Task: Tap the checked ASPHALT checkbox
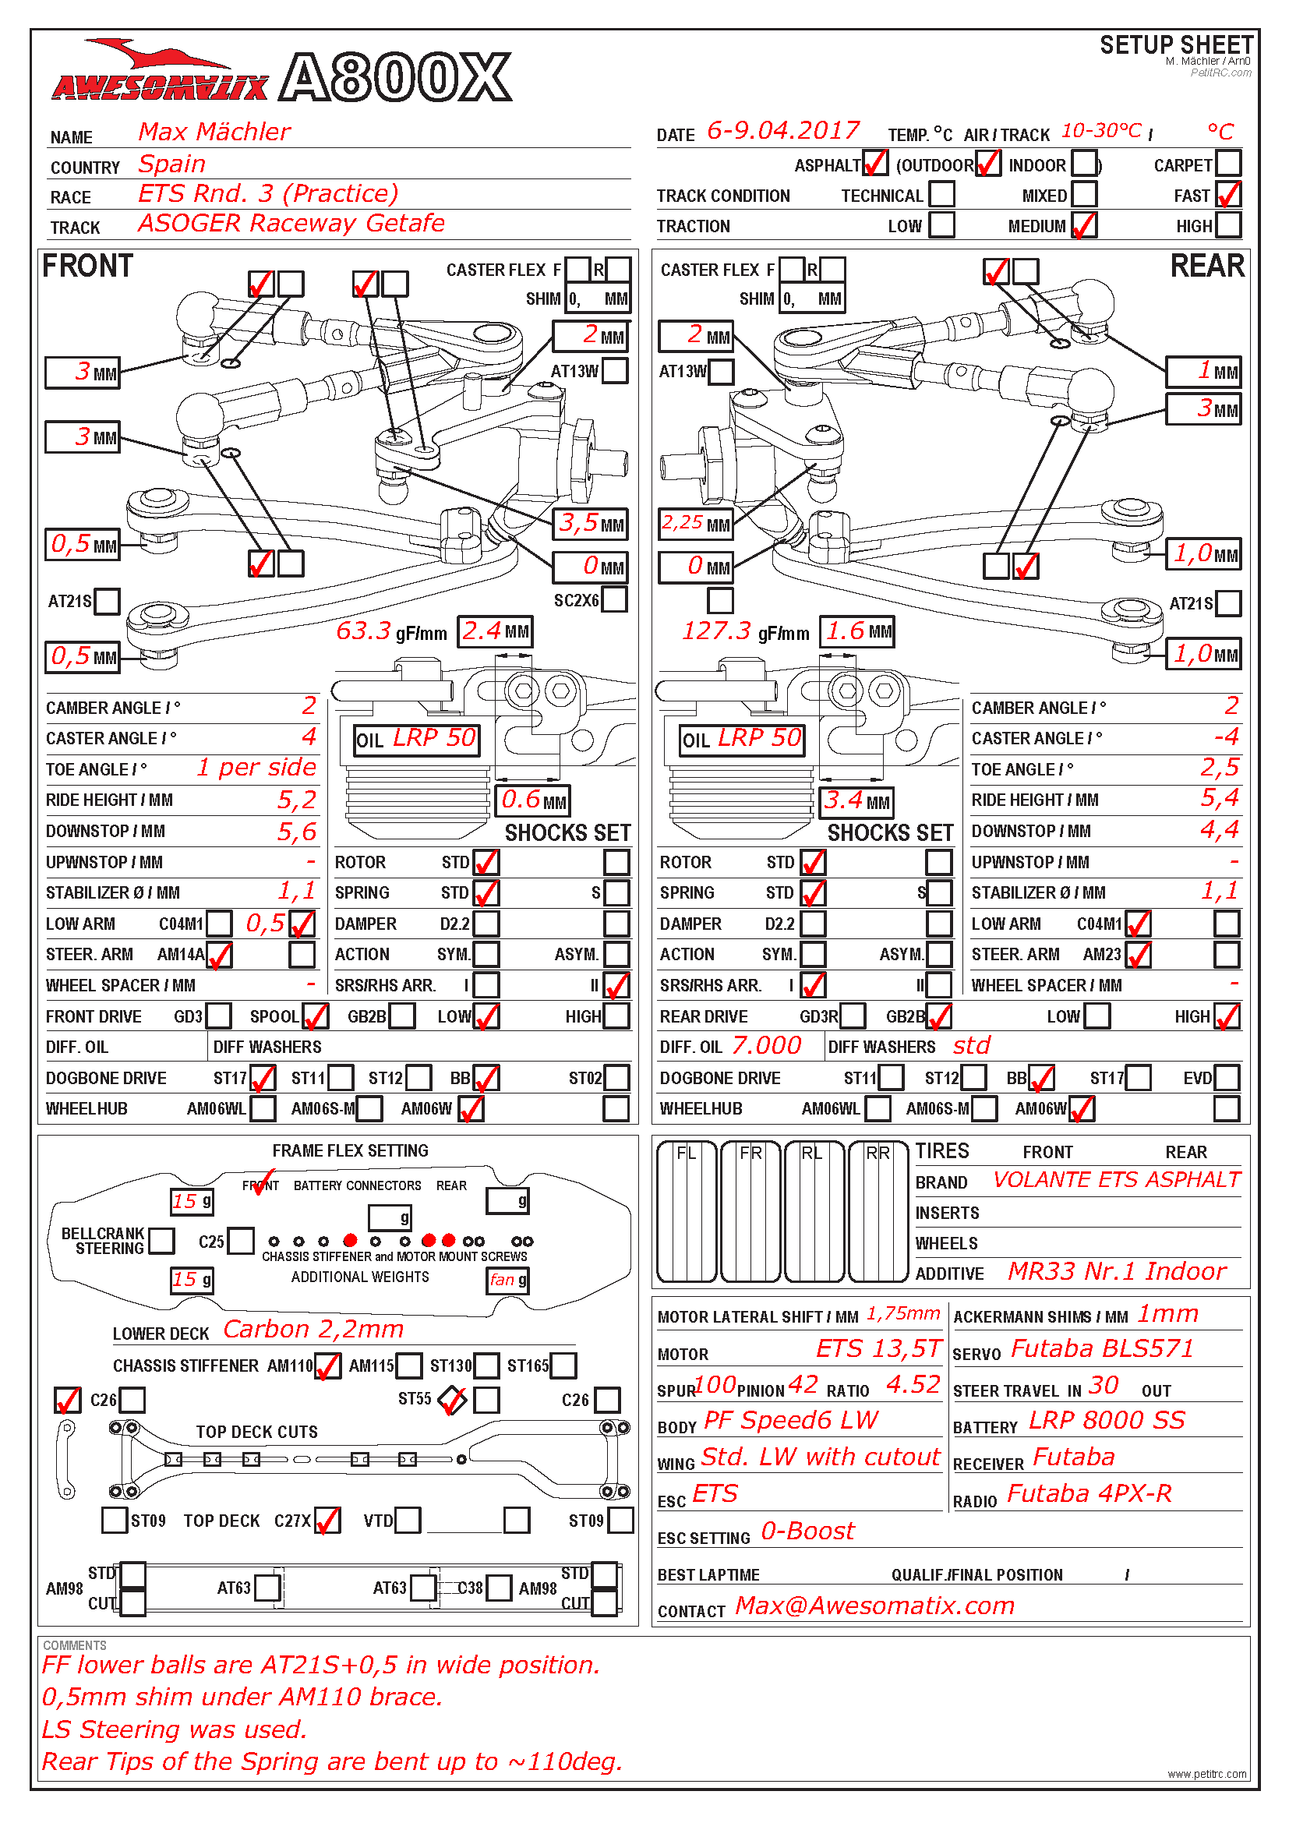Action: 874,164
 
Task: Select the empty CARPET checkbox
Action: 1228,164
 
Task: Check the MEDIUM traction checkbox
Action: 1083,225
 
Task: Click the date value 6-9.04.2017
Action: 782,131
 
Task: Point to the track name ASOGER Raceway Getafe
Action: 291,224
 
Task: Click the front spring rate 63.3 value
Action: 363,631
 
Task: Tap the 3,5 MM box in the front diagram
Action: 592,523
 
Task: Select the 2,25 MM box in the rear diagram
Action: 694,524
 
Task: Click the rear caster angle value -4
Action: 1226,737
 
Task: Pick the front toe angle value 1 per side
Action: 256,768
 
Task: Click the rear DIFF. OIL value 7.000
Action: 766,1046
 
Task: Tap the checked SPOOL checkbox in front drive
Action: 314,1016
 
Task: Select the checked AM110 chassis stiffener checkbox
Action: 328,1365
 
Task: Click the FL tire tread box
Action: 687,1212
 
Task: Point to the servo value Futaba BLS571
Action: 1102,1349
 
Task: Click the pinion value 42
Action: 803,1385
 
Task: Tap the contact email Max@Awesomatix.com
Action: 874,1606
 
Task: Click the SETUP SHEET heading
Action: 1175,44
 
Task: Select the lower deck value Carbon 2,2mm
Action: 313,1329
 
